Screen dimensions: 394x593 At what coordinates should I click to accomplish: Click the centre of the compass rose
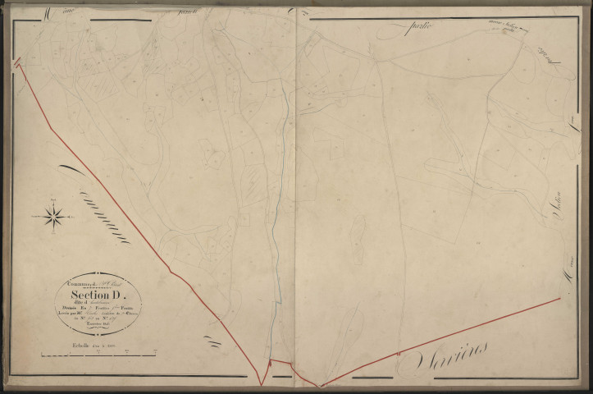click(54, 216)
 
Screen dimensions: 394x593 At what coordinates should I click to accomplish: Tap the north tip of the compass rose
click(54, 202)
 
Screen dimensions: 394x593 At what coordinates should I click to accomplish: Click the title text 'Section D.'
click(98, 295)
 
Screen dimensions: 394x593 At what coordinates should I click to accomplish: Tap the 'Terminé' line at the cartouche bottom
click(98, 326)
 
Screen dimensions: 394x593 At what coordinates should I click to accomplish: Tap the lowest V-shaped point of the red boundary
click(261, 384)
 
